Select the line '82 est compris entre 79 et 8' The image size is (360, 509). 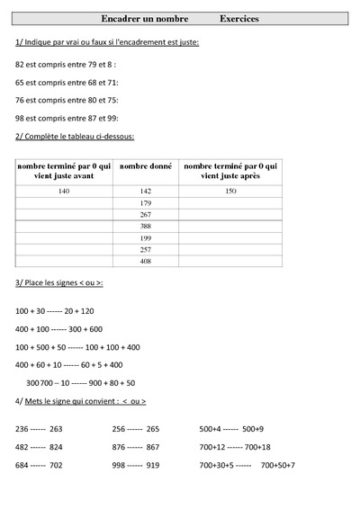(x=66, y=64)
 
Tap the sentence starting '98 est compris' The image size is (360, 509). (x=67, y=118)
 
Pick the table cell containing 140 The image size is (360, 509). (x=63, y=192)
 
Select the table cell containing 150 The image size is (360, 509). (x=229, y=192)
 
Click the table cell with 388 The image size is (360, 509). (x=146, y=227)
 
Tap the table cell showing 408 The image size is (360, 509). (x=146, y=261)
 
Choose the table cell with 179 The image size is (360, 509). (x=146, y=203)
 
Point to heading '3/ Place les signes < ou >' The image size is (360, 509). (x=59, y=282)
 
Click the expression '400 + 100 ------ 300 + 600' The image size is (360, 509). (x=59, y=328)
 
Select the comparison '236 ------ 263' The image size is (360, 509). (x=40, y=429)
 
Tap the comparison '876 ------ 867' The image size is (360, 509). (x=135, y=447)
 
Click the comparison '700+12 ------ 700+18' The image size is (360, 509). (x=235, y=447)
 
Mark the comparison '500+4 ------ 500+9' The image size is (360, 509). (x=232, y=429)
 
